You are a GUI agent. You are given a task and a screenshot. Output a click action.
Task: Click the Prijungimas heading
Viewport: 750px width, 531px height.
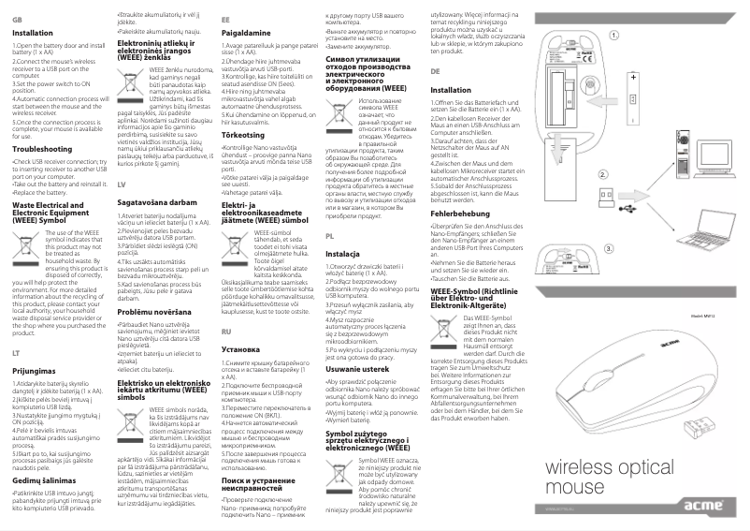coord(36,371)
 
